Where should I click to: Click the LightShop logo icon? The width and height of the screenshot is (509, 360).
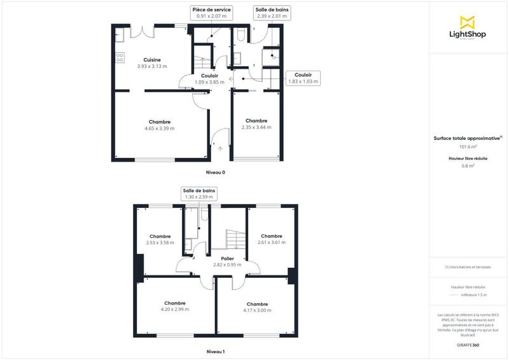(x=468, y=22)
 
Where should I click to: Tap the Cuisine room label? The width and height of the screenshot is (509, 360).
(x=151, y=60)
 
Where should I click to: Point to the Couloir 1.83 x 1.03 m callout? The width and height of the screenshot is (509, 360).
(x=303, y=78)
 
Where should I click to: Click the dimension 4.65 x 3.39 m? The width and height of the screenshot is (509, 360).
(x=160, y=128)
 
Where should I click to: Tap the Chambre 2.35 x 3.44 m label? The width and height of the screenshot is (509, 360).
(x=256, y=124)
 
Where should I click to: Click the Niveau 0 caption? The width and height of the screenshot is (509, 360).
(x=215, y=172)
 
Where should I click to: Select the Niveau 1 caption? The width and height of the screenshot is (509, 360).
(x=215, y=352)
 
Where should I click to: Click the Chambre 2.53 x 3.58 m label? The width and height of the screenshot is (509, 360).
(x=160, y=239)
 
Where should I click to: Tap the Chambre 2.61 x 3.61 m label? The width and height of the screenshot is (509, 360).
(x=271, y=239)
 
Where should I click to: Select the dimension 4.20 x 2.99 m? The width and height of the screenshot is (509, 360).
(x=175, y=310)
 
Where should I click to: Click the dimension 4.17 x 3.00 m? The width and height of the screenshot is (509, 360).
(x=258, y=310)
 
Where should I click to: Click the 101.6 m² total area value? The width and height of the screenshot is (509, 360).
(x=468, y=147)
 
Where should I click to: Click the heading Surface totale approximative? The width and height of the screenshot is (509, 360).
(x=468, y=137)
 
